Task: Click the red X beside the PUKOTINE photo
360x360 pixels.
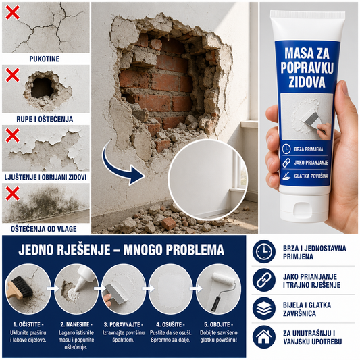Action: (12, 12)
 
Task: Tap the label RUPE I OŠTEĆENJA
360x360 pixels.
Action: (45, 119)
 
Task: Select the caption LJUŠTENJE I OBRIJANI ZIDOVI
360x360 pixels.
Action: (45, 177)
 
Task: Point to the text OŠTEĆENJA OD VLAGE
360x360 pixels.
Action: (44, 229)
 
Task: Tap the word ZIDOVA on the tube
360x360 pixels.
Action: (307, 82)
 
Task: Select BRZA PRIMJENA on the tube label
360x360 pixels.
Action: (309, 149)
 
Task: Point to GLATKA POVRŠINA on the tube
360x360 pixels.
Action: (311, 176)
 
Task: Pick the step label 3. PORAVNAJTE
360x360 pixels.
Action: (124, 324)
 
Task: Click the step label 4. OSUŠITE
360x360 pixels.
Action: (171, 324)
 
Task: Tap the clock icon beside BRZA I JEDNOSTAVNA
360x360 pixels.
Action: (264, 252)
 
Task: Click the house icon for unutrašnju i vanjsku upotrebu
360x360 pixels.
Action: (264, 337)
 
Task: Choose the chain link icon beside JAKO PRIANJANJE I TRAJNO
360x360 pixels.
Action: (264, 280)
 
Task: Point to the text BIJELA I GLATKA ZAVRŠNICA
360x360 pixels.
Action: (307, 309)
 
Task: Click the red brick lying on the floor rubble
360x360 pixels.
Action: (169, 223)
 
